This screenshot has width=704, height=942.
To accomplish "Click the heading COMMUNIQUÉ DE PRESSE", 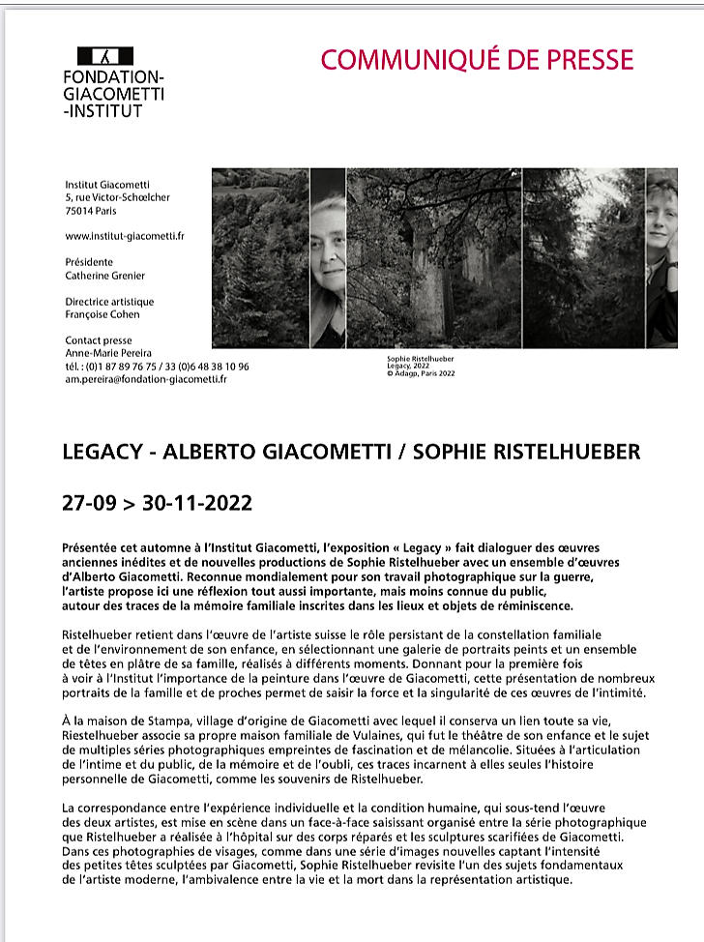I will point(477,60).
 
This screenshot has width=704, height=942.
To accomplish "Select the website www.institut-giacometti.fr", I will point(125,235).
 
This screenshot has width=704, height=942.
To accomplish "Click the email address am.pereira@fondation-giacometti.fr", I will point(146,379).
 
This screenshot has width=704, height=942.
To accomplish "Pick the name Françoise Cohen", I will point(103,314).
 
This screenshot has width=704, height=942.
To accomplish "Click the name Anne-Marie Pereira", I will point(108,354).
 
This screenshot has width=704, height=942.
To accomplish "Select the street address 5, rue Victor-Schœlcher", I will point(117,197).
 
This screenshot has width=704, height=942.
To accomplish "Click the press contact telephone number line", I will point(157,367).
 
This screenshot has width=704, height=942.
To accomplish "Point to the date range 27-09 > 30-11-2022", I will point(157,503).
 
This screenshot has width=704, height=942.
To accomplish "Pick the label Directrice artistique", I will point(109,302).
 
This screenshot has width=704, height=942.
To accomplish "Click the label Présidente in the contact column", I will point(89,262).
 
